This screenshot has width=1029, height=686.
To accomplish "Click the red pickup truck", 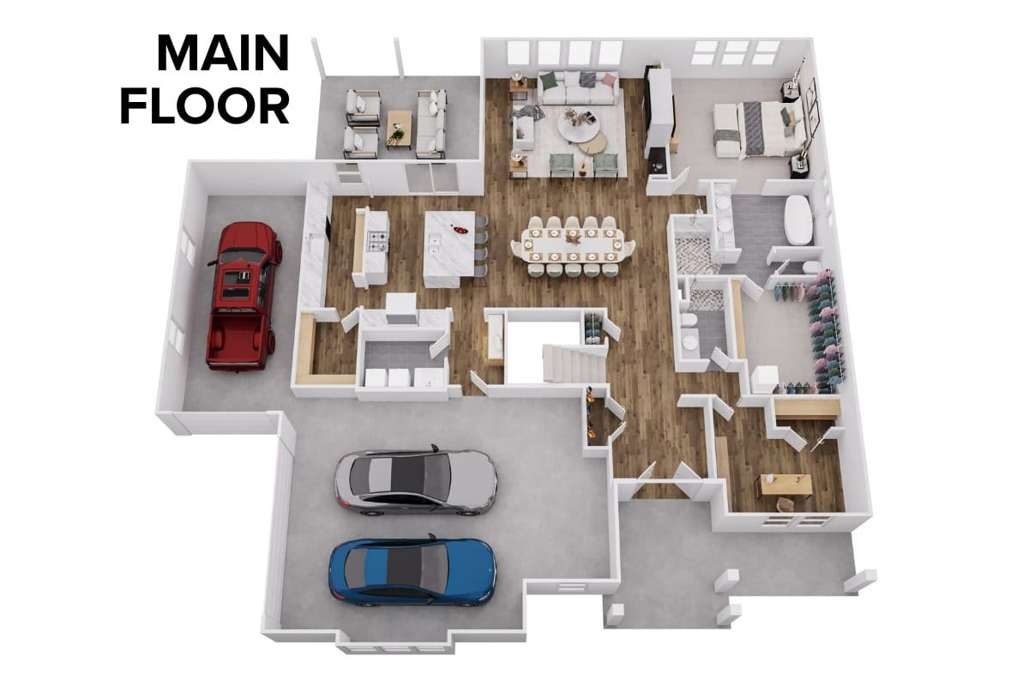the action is coord(243,296).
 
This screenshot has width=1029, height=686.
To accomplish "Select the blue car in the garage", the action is coord(413,572).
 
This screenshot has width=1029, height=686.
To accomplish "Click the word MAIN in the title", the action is coord(223,53).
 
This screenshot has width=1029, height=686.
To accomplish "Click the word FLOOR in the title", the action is coord(205,106).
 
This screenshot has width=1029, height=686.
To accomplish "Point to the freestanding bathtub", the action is coord(798,220).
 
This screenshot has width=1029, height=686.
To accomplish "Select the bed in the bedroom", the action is coord(772,129).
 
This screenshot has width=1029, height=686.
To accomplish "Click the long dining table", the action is coord(573,246).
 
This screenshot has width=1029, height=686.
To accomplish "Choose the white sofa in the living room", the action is coord(577,92).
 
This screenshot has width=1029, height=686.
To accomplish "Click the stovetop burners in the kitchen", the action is coord(379,243).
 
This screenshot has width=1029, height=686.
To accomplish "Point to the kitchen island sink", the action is coord(434,244).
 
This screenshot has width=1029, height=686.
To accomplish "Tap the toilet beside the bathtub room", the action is coord(810,268).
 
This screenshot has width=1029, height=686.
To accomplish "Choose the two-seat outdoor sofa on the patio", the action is coord(431,123).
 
